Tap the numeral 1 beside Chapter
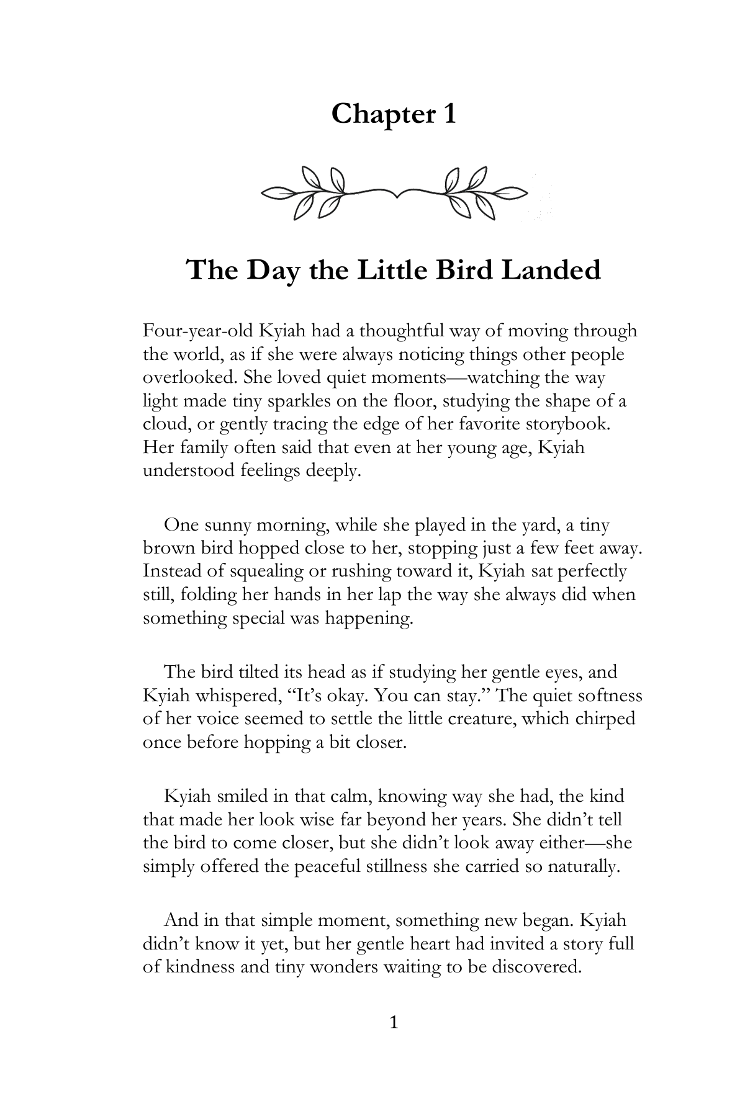449,114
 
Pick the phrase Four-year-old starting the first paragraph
197,331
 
